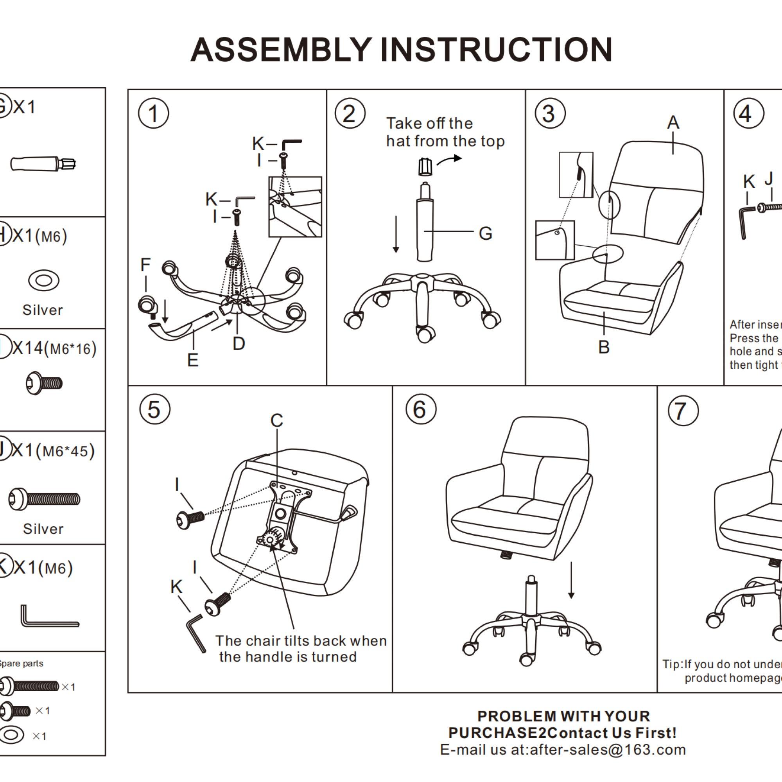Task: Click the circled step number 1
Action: coord(153,113)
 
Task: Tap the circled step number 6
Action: coord(421,410)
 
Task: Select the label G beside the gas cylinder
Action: coord(485,233)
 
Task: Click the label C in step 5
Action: coord(277,421)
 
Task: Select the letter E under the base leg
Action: coord(193,360)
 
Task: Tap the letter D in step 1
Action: coord(239,344)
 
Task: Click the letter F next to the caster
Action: coord(146,265)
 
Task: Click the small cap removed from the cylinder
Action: coord(425,166)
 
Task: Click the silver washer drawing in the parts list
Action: coord(44,280)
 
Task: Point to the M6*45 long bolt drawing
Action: coord(45,499)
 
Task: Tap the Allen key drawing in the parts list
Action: coord(48,617)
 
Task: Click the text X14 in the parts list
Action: coord(27,348)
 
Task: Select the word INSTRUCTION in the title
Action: coord(496,50)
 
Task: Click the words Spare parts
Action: coord(21,664)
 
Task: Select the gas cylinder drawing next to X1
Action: coord(43,163)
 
